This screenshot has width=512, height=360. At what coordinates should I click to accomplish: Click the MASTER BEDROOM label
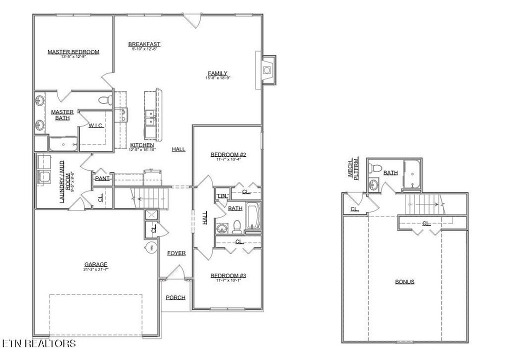click(73, 51)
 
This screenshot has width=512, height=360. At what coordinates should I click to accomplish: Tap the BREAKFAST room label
click(144, 44)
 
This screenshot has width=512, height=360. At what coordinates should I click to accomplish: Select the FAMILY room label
click(217, 73)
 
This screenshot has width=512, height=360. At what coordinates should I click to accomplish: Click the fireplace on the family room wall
click(268, 69)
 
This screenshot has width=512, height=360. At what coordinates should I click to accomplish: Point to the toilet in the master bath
click(105, 100)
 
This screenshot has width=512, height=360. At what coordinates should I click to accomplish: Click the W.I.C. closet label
click(96, 126)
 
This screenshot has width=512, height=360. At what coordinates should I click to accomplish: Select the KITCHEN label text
click(142, 145)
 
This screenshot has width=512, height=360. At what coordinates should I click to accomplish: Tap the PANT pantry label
click(102, 178)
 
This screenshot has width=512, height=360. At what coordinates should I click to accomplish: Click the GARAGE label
click(96, 264)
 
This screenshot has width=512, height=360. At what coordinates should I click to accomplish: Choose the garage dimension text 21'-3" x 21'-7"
click(96, 269)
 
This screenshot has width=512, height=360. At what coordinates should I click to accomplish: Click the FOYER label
click(176, 253)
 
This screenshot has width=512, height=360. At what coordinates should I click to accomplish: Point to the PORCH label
click(175, 297)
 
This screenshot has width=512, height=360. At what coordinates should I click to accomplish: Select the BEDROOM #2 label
click(227, 154)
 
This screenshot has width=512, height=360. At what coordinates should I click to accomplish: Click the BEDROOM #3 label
click(227, 275)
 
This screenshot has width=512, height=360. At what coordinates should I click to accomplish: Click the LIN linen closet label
click(221, 196)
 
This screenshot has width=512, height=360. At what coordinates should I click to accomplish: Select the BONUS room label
click(404, 281)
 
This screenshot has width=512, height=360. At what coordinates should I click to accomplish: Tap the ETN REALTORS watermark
click(39, 343)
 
